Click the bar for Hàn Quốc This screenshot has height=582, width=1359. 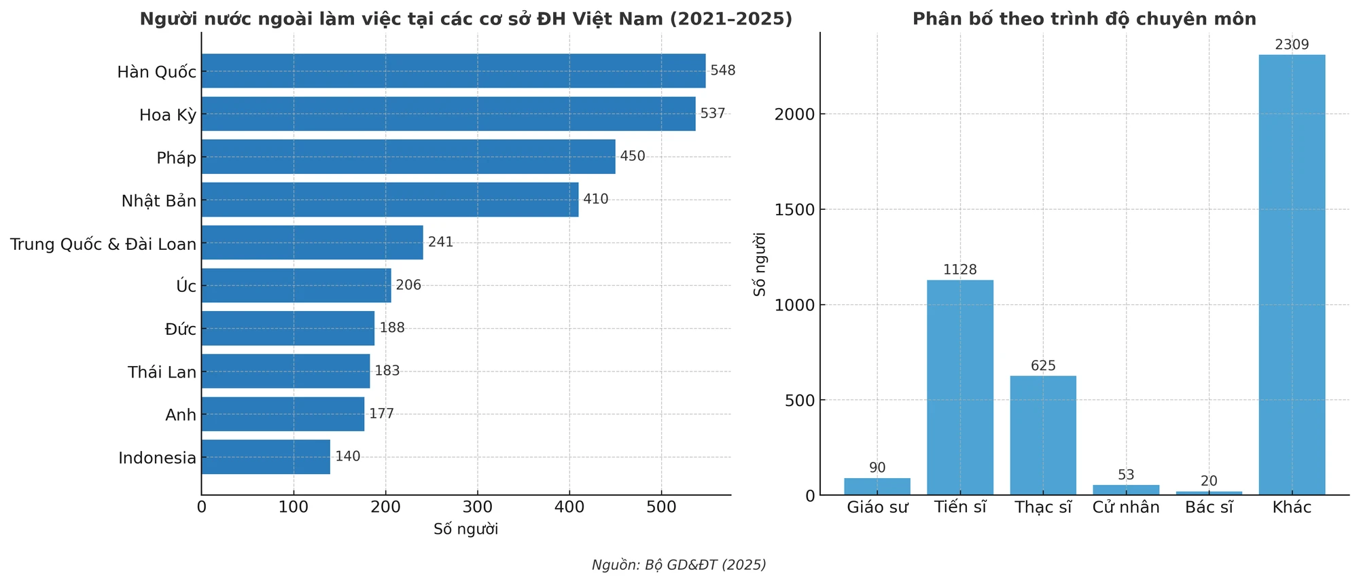point(453,71)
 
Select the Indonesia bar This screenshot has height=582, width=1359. point(266,457)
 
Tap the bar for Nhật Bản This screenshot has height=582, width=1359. point(390,200)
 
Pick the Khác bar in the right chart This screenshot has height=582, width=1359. point(1292,274)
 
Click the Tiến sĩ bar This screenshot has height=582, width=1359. point(960,387)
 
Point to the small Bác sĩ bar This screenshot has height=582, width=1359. point(1209,493)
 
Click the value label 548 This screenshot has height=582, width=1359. point(723,71)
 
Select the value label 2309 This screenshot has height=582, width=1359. point(1292,45)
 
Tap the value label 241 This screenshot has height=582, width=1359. point(440,242)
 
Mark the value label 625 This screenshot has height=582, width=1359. point(1043,366)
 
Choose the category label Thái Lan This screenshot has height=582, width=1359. point(162,372)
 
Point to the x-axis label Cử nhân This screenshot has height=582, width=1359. point(1126,507)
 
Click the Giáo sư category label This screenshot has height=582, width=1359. point(877,507)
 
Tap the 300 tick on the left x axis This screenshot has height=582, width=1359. point(477,507)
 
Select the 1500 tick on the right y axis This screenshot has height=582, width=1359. point(795,210)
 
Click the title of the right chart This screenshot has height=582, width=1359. point(1084,19)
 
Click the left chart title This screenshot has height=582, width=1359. point(466,19)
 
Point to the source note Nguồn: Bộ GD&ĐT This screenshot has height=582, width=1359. point(679,565)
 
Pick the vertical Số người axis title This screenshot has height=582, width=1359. point(760,263)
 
